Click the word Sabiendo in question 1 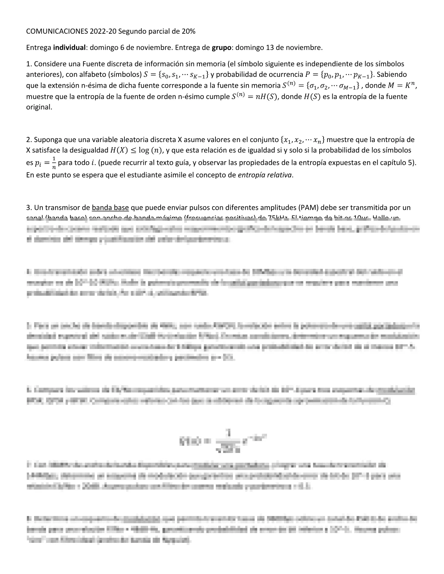(x=394, y=75)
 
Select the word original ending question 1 (x=39, y=108)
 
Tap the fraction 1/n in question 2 (x=54, y=163)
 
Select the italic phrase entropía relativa (x=265, y=175)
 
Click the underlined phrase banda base (x=110, y=208)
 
